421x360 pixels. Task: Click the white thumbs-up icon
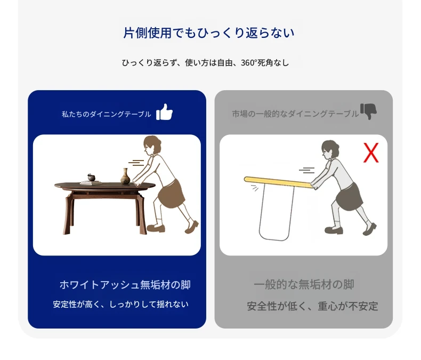tap(164, 112)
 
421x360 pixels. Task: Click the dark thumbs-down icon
tap(368, 111)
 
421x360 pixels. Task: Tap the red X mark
tap(371, 153)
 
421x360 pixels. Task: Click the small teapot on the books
tap(91, 177)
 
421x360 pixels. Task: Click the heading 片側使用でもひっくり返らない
tap(209, 33)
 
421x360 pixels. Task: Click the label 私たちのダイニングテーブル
tap(107, 114)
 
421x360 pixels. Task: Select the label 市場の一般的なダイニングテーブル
tap(295, 114)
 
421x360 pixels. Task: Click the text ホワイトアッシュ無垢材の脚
tap(125, 285)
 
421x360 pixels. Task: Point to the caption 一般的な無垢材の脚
tap(304, 284)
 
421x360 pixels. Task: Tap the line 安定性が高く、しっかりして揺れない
tap(120, 305)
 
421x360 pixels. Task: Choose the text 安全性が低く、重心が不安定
tap(312, 306)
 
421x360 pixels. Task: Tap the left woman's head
tap(152, 146)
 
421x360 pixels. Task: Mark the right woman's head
tap(330, 150)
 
